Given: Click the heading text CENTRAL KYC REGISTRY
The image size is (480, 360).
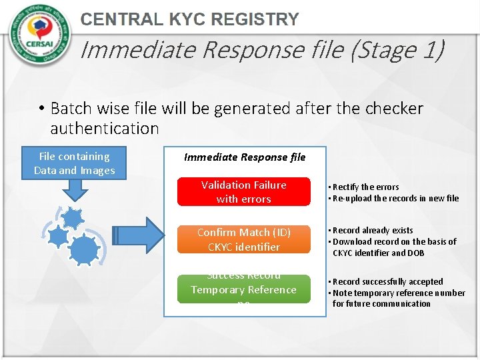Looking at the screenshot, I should coord(189,20).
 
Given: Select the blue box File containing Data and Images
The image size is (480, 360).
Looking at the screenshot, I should coord(75,163).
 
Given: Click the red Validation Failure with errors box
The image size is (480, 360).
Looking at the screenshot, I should coord(243,192).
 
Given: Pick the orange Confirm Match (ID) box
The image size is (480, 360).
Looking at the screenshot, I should coord(243,239).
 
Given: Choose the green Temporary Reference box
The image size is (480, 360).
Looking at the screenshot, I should coord(243,289).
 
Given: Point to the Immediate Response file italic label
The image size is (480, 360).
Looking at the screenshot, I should coord(245,157).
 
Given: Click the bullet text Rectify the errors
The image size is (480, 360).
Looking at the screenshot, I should coord(365,187).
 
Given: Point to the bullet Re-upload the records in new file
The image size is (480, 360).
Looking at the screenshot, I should coord(395,198).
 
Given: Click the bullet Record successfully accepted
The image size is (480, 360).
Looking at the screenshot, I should coord(387,281).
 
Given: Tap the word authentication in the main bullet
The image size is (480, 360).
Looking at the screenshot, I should coord(105,128).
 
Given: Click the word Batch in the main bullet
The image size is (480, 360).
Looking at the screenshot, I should coord(73,108).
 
